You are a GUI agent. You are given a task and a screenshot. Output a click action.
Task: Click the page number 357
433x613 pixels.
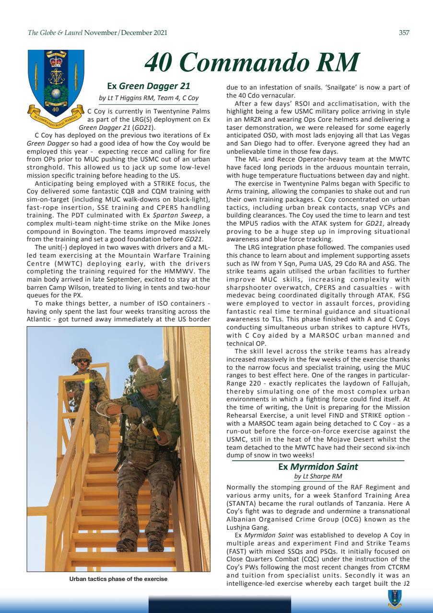click(404, 33)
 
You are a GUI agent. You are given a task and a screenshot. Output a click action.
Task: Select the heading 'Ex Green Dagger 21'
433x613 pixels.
click(149, 86)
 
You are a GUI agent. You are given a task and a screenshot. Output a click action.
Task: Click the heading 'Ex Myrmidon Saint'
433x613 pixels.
click(318, 466)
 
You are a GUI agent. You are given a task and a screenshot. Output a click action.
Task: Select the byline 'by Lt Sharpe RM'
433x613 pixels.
click(318, 477)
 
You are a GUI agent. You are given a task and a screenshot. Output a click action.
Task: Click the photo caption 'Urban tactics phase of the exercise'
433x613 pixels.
click(118, 579)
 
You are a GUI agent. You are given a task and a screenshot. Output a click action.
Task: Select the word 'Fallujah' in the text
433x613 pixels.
click(393, 386)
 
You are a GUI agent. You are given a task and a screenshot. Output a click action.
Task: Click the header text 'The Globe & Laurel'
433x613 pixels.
click(56, 33)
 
